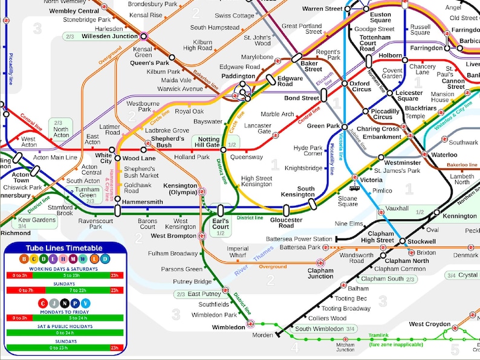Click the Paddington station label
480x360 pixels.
(x=238, y=76)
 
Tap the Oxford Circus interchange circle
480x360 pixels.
(x=345, y=83)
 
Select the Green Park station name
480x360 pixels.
(x=324, y=126)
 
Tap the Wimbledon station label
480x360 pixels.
(x=229, y=327)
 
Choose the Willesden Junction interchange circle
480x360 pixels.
(x=144, y=36)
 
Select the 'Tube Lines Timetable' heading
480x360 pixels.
(x=63, y=248)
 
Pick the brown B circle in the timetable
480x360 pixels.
(x=24, y=259)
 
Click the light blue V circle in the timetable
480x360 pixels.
(x=85, y=303)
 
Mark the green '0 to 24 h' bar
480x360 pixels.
(x=63, y=333)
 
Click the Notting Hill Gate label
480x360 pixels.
(x=206, y=141)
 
